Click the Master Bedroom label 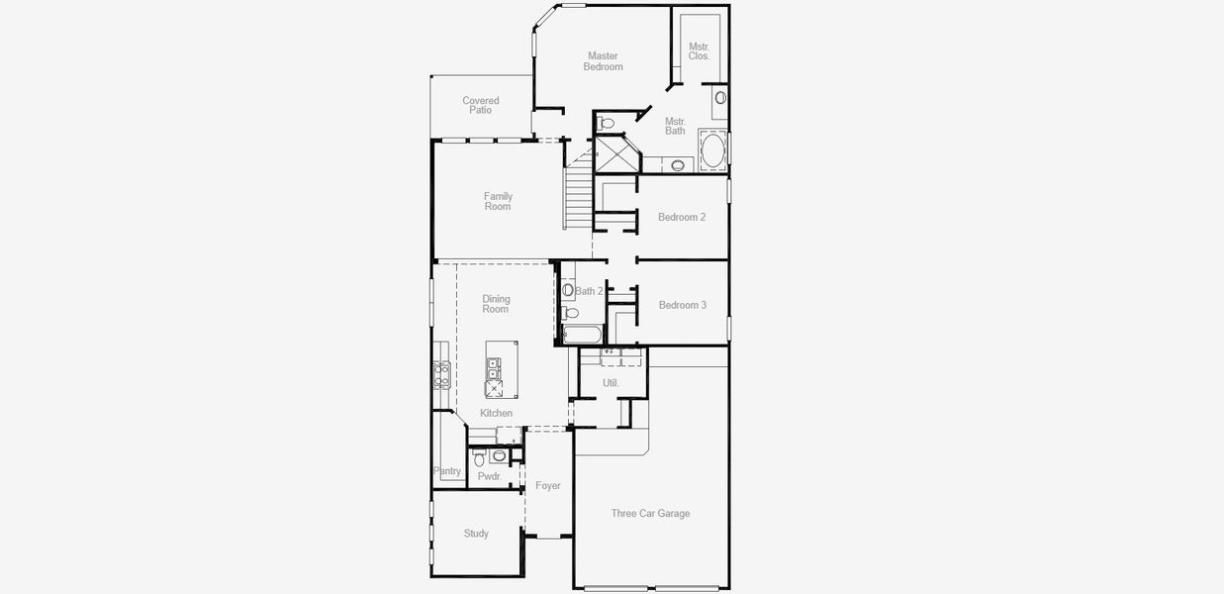pos(603,61)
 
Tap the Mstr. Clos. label pos(699,51)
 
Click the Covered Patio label pos(481,105)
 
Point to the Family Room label pos(498,202)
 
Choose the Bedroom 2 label pos(682,217)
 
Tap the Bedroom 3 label pos(683,305)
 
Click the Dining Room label pos(496,304)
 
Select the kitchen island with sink pos(501,369)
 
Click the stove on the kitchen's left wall pos(441,375)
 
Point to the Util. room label pos(611,382)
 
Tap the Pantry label pos(447,471)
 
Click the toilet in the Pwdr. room pos(479,458)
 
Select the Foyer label pos(547,486)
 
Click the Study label pos(476,534)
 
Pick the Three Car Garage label pos(650,513)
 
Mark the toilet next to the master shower pos(606,123)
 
